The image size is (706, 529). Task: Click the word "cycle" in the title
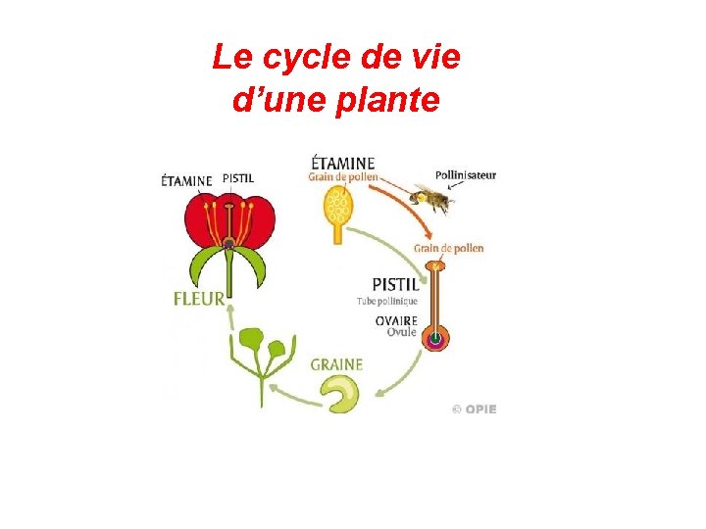point(297,60)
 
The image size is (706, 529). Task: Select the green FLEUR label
point(199,299)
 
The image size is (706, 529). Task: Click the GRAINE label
point(336,364)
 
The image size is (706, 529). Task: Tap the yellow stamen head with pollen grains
point(339,207)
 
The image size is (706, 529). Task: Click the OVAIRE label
point(396,320)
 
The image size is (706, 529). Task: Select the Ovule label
point(402,332)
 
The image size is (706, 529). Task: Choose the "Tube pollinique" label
point(387,302)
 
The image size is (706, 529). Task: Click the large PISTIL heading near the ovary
point(395,284)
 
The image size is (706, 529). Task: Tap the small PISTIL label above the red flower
point(237,178)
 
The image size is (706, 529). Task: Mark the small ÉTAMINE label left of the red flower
point(186,180)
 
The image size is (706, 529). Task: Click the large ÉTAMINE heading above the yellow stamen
point(342,163)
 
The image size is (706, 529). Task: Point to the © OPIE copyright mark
point(475,409)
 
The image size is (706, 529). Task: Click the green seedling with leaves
point(260,358)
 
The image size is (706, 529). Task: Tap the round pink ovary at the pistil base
point(433,339)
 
